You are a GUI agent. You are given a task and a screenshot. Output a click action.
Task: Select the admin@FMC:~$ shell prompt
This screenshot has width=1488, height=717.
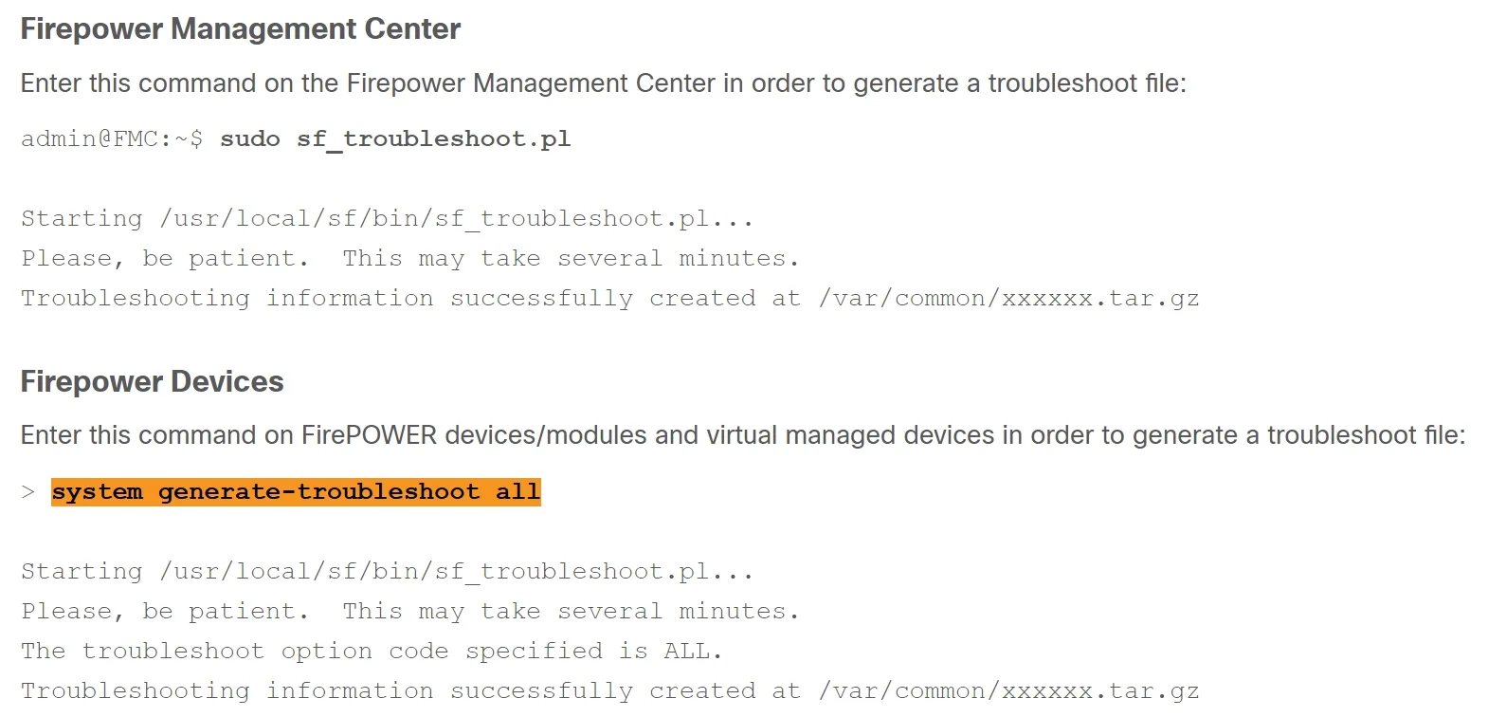112,138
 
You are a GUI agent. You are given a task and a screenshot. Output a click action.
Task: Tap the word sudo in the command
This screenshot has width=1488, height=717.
250,138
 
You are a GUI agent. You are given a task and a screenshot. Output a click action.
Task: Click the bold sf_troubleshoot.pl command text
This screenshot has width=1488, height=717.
433,139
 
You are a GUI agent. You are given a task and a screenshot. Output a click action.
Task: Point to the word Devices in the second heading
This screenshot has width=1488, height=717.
227,381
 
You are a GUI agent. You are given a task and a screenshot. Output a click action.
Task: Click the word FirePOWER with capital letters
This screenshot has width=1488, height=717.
369,435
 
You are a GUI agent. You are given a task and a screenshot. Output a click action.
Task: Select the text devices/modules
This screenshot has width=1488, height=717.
545,435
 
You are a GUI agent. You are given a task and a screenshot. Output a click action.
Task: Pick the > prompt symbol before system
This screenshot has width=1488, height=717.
27,491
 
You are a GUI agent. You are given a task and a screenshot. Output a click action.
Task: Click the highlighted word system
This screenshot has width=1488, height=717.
97,491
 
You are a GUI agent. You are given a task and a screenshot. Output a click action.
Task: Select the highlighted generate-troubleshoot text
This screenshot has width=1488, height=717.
318,492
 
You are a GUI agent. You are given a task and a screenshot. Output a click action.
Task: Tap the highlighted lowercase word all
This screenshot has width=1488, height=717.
517,491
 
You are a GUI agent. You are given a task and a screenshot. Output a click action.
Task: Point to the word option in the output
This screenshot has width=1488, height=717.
326,652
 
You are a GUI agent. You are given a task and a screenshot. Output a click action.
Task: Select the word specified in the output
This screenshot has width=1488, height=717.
534,652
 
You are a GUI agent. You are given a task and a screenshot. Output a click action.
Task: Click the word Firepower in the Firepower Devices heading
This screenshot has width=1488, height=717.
92,382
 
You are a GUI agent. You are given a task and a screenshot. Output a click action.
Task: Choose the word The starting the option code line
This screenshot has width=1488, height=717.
44,651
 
